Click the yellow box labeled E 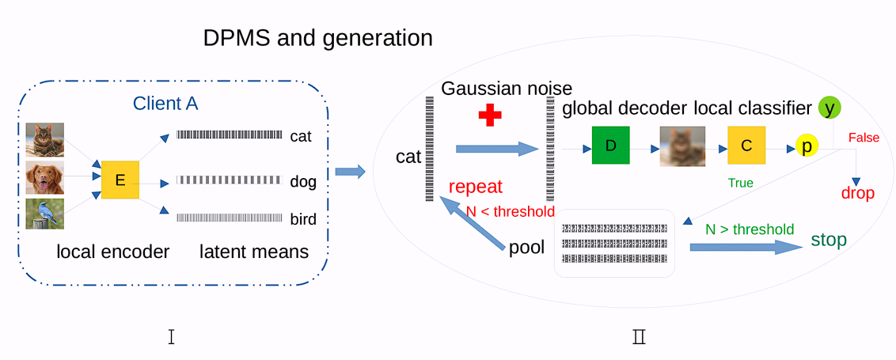point(120,180)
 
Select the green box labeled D point(610,146)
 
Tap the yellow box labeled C point(746,146)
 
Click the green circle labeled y point(829,108)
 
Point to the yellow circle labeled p point(807,147)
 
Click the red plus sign point(491,115)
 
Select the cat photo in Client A point(44,139)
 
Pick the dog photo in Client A point(44,178)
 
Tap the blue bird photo point(44,214)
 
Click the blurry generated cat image point(681,146)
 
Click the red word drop point(857,193)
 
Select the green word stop point(829,239)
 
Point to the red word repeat point(476,187)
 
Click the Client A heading point(165,103)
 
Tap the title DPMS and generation point(318,38)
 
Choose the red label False point(864,138)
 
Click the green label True point(740,183)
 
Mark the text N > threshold point(750,229)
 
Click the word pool point(526,248)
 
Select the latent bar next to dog point(229,180)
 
